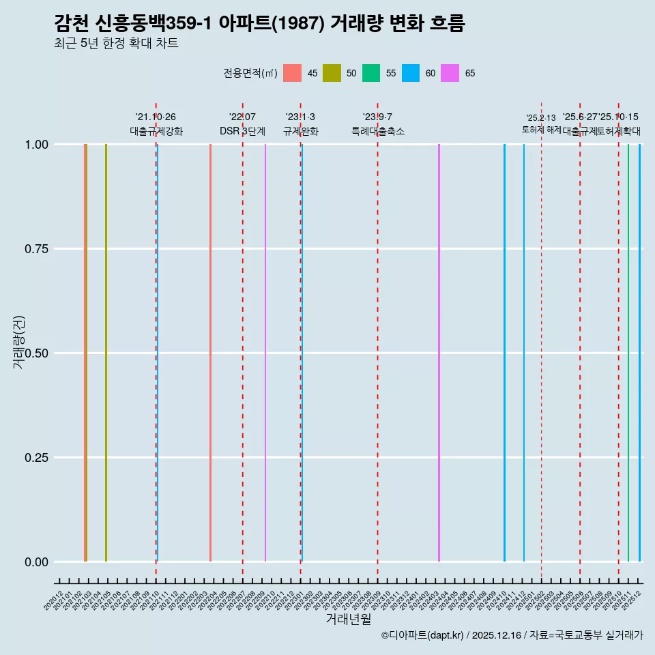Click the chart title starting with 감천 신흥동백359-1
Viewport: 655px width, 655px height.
pos(259,24)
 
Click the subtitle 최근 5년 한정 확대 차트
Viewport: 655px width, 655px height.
pos(116,44)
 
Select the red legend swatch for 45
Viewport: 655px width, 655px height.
pos(292,73)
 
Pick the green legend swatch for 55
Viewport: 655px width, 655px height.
pos(371,73)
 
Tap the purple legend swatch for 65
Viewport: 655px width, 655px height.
pos(450,73)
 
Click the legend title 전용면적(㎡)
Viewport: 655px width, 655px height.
pos(250,73)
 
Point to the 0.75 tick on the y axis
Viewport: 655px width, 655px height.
pos(34,249)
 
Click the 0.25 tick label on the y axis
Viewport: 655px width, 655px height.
pos(34,458)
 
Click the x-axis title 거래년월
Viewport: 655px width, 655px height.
pos(348,619)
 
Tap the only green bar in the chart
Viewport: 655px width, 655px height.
pos(628,353)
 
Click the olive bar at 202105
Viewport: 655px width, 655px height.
pos(106,353)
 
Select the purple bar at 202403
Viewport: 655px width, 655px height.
pos(439,353)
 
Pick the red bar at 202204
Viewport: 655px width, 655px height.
pos(210,353)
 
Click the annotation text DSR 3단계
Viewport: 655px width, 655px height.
pos(242,131)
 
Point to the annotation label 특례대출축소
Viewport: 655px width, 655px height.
pos(377,131)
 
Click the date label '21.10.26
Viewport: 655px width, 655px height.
pos(156,117)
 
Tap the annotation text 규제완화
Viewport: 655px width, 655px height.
pos(300,131)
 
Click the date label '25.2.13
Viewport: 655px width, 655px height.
pos(541,118)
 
